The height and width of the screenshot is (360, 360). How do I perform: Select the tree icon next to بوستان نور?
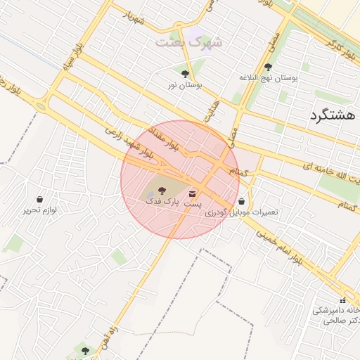[x=185, y=74]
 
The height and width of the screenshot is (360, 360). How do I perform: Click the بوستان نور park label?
[x=184, y=84]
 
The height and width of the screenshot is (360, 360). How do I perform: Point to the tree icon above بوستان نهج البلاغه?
[x=268, y=67]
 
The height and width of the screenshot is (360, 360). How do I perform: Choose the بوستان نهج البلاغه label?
[x=270, y=77]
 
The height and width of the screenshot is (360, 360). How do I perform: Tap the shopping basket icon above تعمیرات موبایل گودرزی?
[x=242, y=201]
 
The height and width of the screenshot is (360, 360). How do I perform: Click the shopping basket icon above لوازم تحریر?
[x=39, y=200]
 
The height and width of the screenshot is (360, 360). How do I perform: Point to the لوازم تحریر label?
[x=39, y=210]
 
